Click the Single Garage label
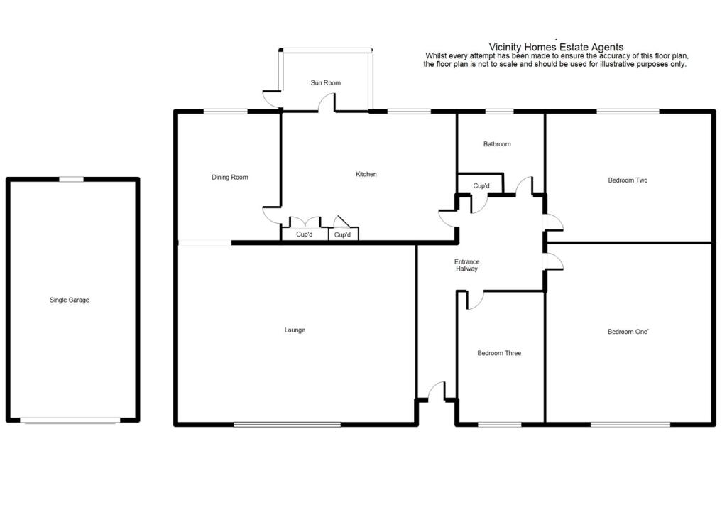(x=69, y=300)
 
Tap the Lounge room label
(x=295, y=330)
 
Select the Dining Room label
(x=230, y=178)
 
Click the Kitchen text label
(x=366, y=175)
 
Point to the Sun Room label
(x=325, y=83)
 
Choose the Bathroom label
(x=497, y=145)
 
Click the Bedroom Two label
(x=628, y=180)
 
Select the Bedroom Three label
(x=499, y=354)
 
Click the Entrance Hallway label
(x=466, y=266)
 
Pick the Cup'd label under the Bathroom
(x=481, y=186)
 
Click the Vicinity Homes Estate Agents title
(x=557, y=48)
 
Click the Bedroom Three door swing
(x=475, y=300)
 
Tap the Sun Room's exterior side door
(x=272, y=100)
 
